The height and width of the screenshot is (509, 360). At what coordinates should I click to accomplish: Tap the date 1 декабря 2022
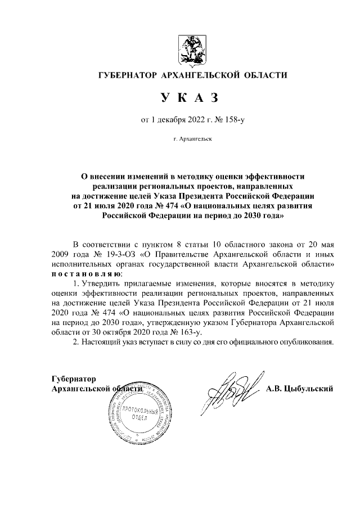coord(169,119)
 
